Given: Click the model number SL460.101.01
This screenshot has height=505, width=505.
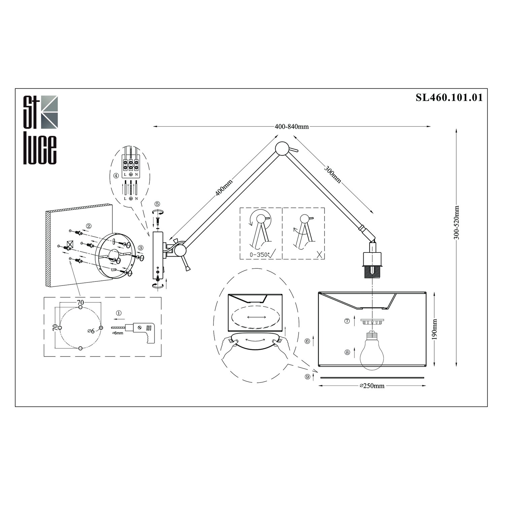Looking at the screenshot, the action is point(449,98).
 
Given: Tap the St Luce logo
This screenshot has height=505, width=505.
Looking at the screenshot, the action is point(40,130).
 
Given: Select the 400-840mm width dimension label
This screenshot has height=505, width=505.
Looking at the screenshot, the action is point(292,127).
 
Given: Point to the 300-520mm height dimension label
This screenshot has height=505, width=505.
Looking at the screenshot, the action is point(456,223).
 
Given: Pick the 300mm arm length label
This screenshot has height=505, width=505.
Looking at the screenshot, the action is point(333,174).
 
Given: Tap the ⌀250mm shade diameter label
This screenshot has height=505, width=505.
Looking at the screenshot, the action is point(372,386).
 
